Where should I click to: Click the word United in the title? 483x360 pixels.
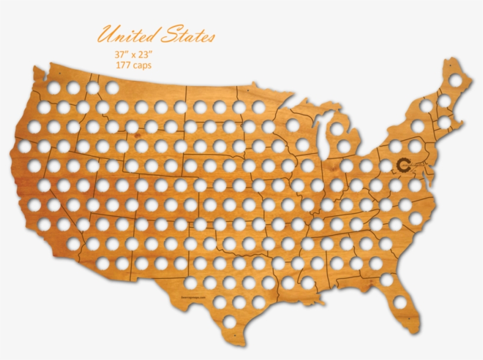click(124, 36)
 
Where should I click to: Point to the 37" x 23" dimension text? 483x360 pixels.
click(133, 54)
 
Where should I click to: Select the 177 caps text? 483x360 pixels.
click(134, 65)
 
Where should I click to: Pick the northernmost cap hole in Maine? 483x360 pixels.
click(456, 80)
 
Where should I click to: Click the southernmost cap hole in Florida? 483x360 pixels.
click(401, 302)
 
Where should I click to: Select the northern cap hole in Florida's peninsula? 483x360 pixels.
click(386, 280)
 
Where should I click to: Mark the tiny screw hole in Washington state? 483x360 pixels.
click(61, 75)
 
